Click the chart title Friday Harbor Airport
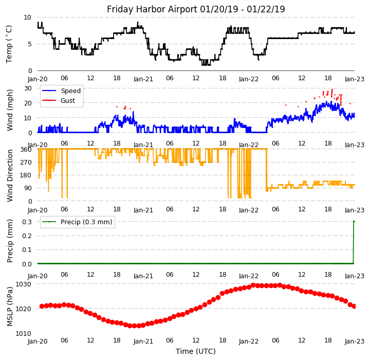[196, 9]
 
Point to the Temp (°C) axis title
[9, 44]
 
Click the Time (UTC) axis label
[196, 351]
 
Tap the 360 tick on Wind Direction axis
[27, 150]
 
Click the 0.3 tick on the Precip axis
[27, 222]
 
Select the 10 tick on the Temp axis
[28, 17]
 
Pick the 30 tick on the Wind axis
[28, 88]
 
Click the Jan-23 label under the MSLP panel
[355, 341]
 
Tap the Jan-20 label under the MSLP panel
[38, 341]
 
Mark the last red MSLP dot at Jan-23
[354, 307]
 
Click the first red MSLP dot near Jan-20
[42, 306]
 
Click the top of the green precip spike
[354, 222]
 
